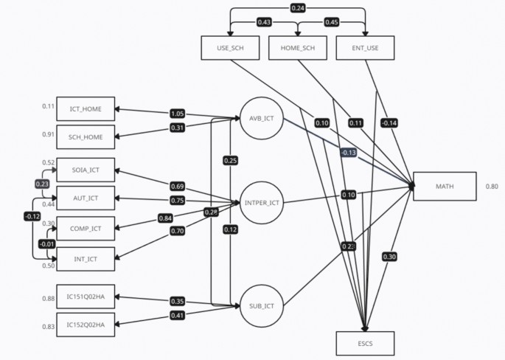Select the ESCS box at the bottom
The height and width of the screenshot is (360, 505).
[365, 343]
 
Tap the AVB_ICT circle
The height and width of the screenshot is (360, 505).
[261, 119]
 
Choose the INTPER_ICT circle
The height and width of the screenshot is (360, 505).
[261, 202]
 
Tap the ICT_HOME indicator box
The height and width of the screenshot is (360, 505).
[86, 110]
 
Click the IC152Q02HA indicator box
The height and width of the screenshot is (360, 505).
[86, 325]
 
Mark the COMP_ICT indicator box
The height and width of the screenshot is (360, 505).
[86, 228]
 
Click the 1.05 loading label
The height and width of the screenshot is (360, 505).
[177, 114]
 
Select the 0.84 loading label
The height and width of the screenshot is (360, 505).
[166, 218]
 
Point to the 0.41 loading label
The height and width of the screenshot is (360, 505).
[177, 316]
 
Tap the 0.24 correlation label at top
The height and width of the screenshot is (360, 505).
[297, 9]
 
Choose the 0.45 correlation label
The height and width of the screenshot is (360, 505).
[332, 22]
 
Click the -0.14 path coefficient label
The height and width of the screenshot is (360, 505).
[389, 122]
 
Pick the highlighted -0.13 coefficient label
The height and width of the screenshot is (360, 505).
[349, 152]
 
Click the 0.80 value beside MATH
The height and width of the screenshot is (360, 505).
[492, 187]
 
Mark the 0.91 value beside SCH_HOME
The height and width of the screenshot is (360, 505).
[48, 135]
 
